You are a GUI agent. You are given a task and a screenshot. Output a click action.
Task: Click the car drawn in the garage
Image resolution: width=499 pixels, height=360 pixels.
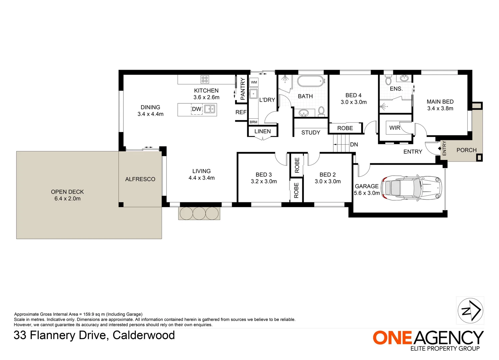tap(411, 188)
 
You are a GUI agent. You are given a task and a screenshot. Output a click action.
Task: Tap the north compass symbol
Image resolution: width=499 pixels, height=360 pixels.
tap(470, 310)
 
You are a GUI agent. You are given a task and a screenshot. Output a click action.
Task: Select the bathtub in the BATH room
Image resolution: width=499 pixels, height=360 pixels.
tap(310, 81)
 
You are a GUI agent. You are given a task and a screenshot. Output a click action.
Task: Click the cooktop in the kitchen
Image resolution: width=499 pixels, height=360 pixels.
tap(205, 79)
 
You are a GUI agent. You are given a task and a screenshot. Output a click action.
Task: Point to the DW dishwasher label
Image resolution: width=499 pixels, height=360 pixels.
tap(196, 109)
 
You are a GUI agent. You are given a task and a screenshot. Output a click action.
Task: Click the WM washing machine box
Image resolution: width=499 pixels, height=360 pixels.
tap(254, 82)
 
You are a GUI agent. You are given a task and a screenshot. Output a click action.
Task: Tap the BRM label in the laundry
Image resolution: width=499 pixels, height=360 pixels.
tap(253, 122)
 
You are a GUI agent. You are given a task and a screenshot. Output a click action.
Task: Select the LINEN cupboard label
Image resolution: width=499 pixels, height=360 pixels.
tap(263, 131)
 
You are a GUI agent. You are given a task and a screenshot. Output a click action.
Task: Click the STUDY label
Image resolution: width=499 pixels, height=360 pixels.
tap(311, 132)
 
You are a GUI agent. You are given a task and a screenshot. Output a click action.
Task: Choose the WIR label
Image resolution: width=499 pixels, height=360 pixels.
tap(395, 128)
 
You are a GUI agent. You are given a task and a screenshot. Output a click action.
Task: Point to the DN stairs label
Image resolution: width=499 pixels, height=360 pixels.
tap(354, 144)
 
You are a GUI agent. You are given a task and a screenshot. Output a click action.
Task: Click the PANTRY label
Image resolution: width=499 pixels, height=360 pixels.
tap(242, 89)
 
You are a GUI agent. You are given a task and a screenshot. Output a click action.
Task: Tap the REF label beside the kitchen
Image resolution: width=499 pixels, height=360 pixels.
tap(241, 112)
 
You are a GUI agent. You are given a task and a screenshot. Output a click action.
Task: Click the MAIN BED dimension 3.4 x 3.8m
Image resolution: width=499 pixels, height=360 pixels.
tap(440, 108)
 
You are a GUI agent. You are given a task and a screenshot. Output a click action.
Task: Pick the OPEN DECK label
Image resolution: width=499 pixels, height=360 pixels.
tap(67, 192)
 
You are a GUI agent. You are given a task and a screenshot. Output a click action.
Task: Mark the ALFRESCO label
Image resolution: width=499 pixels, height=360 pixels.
tap(140, 179)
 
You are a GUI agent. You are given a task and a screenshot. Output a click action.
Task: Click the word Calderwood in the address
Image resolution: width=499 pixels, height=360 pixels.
tap(144, 335)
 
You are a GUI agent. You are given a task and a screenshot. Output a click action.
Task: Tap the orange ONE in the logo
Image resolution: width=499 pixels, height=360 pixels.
tap(392, 338)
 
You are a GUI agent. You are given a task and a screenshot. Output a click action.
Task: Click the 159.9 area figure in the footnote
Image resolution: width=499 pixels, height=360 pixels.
tap(88, 314)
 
